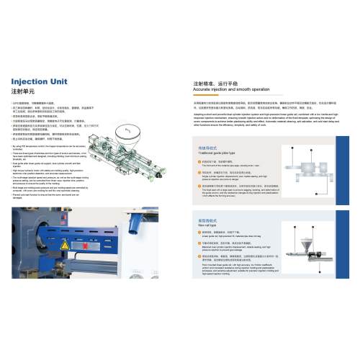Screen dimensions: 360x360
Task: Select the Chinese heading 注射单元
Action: pos(24,93)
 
